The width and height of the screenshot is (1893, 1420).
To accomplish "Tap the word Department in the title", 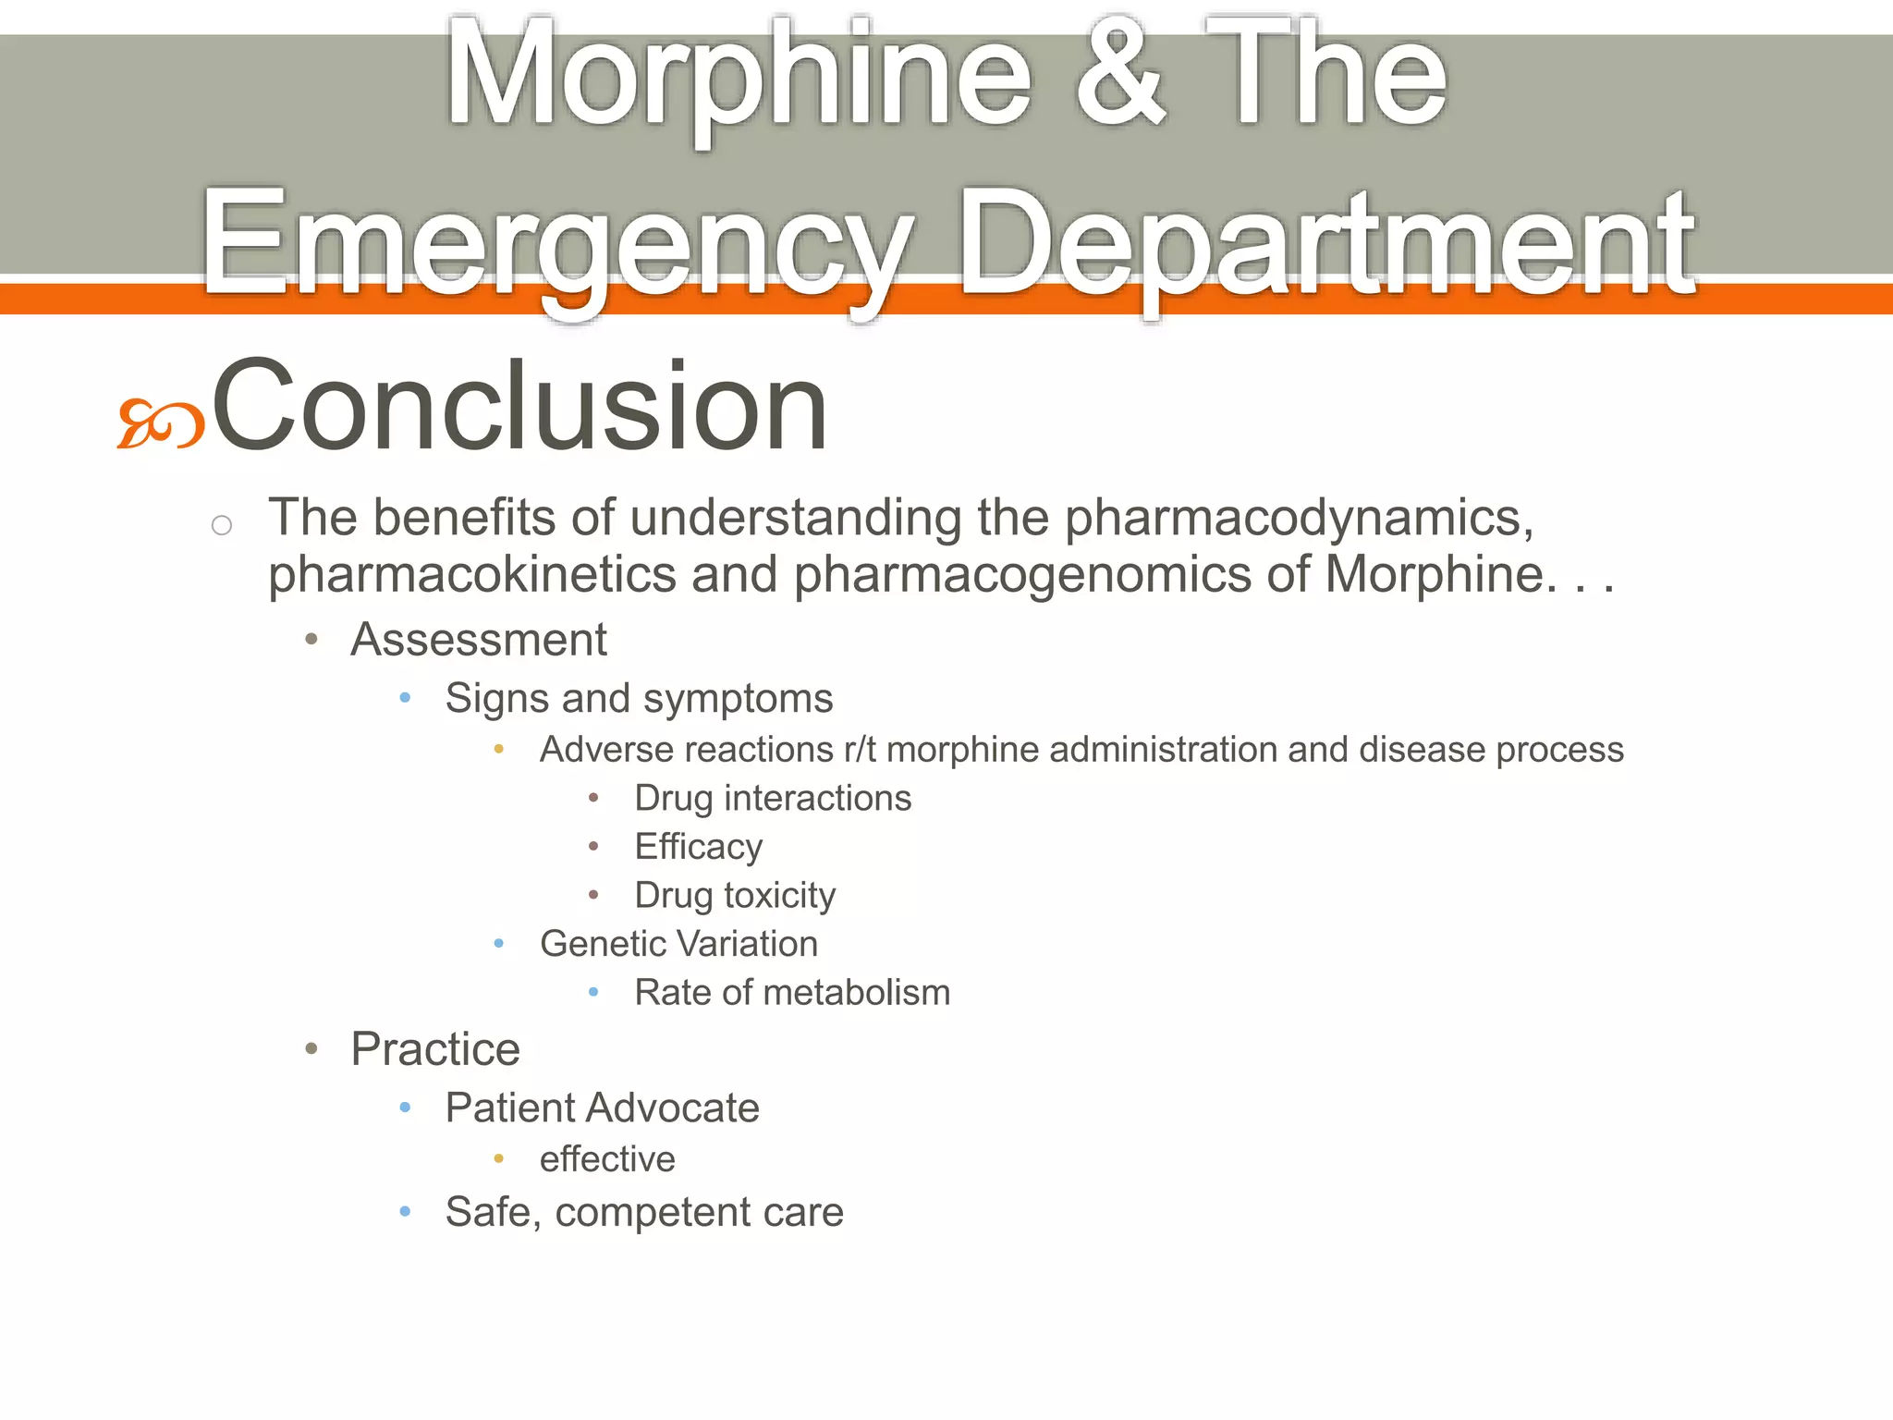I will pyautogui.click(x=1327, y=245).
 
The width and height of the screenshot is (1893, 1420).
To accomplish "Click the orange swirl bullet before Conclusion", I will pyautogui.click(x=160, y=424).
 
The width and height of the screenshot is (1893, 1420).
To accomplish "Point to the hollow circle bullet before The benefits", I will pyautogui.click(x=222, y=526).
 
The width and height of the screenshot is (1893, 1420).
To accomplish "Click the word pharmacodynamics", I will pyautogui.click(x=1298, y=518).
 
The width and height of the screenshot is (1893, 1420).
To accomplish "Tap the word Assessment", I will pyautogui.click(x=479, y=640).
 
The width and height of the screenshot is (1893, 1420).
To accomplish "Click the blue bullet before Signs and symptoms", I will pyautogui.click(x=405, y=698).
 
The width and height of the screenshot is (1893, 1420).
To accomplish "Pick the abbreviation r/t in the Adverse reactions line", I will pyautogui.click(x=860, y=750).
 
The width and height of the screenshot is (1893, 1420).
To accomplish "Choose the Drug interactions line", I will pyautogui.click(x=773, y=799).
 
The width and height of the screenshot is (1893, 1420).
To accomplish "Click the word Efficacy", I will pyautogui.click(x=699, y=847).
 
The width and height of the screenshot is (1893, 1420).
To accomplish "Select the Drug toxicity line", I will pyautogui.click(x=735, y=896).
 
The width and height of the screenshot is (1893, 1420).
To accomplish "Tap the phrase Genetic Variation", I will pyautogui.click(x=678, y=944).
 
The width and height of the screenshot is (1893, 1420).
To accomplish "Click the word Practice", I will pyautogui.click(x=435, y=1049).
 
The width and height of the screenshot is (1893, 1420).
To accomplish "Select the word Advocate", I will pyautogui.click(x=673, y=1108).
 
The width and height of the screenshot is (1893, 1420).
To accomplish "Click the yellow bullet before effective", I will pyautogui.click(x=499, y=1158).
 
